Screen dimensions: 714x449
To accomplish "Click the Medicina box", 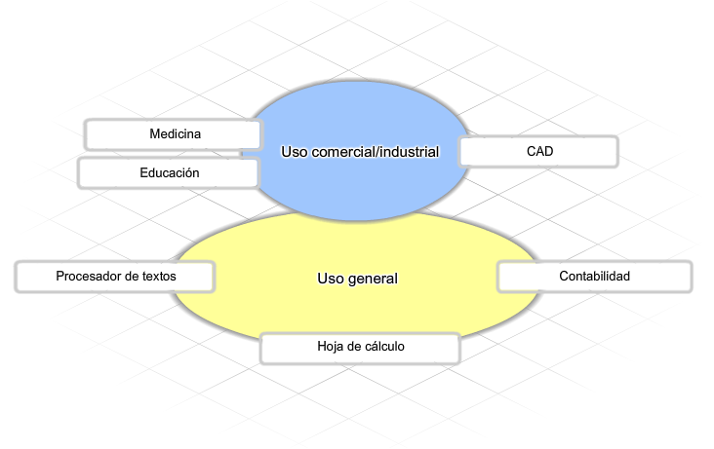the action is click(x=174, y=134).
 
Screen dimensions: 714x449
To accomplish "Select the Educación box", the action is click(x=169, y=172).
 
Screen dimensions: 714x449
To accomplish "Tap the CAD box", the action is click(x=538, y=152).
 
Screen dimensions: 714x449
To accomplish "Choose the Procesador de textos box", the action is click(x=115, y=277).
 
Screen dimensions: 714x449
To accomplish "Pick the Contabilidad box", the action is click(x=595, y=277).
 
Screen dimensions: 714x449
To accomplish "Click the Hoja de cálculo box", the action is click(x=360, y=348).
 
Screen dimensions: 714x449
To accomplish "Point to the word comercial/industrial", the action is click(x=376, y=152).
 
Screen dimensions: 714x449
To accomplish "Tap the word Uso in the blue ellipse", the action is click(x=295, y=152).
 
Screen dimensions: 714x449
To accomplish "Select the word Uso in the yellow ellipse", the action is click(x=331, y=279).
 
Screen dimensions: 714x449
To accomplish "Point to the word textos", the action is click(x=159, y=277).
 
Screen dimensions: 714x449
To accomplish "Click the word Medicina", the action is click(x=176, y=133).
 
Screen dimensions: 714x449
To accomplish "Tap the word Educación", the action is click(x=170, y=172).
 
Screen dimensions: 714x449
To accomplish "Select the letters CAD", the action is click(x=540, y=151).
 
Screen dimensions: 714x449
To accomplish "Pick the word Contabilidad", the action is click(x=595, y=277).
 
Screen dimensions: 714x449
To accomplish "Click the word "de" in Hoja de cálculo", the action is click(x=354, y=346).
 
